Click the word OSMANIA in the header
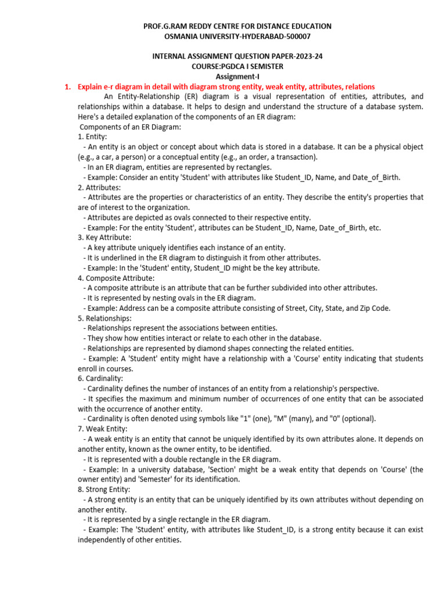click(183, 37)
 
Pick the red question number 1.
click(67, 87)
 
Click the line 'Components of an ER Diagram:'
click(130, 126)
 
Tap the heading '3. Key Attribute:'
click(105, 238)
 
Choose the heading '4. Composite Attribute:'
click(116, 278)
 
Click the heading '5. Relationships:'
click(105, 318)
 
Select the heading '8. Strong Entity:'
click(105, 489)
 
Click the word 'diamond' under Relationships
click(224, 348)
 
